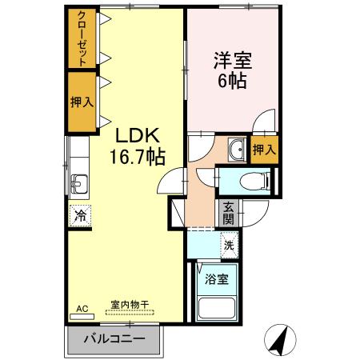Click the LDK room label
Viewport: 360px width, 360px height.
(138, 135)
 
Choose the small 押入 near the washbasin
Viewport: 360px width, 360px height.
(265, 149)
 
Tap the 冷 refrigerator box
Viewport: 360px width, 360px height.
(80, 214)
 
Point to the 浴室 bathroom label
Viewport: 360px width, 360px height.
(216, 279)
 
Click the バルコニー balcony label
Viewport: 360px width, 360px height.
(114, 339)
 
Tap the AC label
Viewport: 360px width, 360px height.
(82, 308)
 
